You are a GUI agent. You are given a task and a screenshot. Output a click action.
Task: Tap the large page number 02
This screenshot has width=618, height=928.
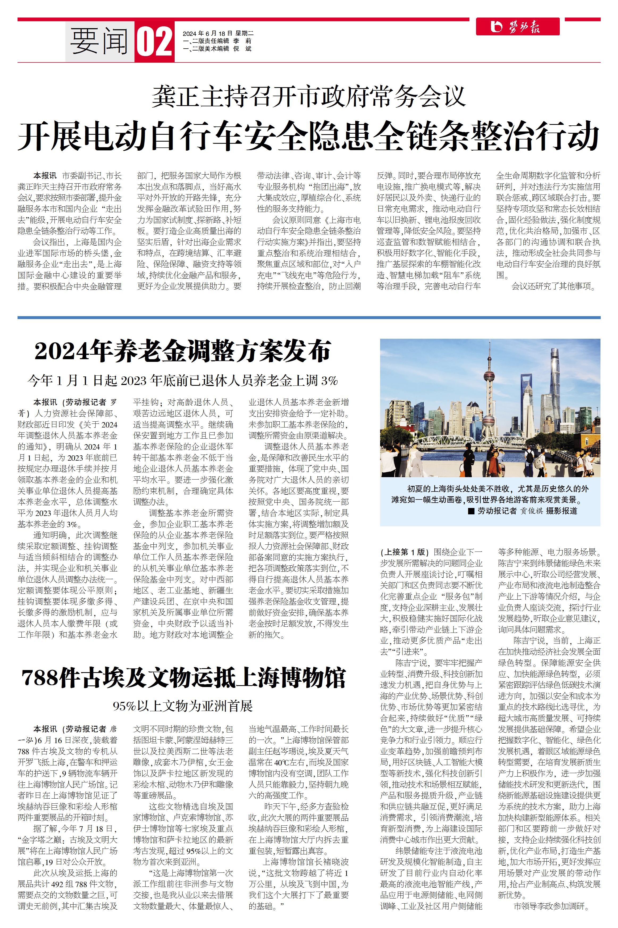point(154,42)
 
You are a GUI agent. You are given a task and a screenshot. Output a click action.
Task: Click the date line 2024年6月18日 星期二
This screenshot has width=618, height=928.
point(218,33)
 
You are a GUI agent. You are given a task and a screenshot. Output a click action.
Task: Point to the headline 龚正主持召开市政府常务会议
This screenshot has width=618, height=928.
point(309,96)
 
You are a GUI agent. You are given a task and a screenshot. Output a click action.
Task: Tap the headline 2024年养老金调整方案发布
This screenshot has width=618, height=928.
point(183,351)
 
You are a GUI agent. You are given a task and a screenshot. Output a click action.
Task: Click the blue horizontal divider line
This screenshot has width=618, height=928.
point(309,317)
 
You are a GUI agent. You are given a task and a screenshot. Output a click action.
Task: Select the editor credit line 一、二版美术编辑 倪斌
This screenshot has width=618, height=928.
point(217,49)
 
